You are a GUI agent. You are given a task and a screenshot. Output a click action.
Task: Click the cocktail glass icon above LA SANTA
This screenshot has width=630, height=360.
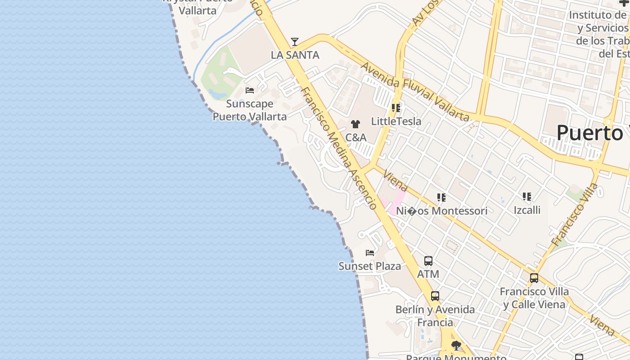295,42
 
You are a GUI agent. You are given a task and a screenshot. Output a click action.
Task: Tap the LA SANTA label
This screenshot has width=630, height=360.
295,55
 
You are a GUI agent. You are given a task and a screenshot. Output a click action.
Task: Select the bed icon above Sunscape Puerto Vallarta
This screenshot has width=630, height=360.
250,90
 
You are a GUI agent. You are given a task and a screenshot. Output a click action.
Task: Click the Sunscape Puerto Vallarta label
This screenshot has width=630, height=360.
249,110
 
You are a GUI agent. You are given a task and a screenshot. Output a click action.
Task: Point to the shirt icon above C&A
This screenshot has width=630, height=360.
355,124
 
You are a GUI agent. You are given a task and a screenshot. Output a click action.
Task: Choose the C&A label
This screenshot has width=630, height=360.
355,137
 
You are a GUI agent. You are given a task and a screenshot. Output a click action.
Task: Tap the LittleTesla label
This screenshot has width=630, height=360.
396,121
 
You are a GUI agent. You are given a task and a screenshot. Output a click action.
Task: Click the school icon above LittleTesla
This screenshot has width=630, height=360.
396,108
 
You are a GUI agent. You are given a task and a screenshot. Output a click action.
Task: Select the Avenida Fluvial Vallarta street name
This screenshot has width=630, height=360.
415,92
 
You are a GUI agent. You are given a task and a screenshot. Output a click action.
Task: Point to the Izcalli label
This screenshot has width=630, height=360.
527,210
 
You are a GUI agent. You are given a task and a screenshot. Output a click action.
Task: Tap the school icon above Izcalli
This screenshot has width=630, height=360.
527,197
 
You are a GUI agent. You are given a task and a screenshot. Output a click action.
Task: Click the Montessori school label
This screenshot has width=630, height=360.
441,211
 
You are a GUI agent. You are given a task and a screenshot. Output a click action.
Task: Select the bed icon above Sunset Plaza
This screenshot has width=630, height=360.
370,253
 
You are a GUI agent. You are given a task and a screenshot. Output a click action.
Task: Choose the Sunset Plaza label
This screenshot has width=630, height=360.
369,266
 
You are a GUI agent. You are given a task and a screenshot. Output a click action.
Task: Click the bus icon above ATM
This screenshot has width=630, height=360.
428,261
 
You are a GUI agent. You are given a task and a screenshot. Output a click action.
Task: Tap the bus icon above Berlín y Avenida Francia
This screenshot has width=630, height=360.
435,296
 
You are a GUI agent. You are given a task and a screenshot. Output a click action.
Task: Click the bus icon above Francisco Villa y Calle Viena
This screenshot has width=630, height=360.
534,278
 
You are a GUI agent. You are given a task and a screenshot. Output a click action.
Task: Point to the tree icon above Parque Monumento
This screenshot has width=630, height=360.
456,346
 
